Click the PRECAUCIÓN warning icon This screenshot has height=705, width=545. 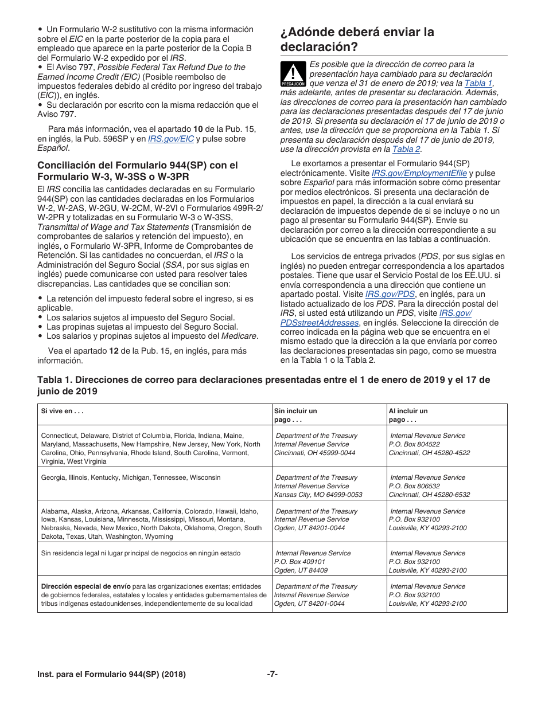click(293, 73)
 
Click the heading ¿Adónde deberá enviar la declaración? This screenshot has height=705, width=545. click(357, 39)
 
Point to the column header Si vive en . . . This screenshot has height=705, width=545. click(63, 411)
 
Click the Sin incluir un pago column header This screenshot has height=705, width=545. click(295, 415)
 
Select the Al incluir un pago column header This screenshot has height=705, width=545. click(408, 415)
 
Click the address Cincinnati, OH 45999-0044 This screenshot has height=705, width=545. click(314, 453)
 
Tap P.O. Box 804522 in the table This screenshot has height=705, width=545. click(414, 444)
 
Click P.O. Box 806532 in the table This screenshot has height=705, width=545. click(414, 486)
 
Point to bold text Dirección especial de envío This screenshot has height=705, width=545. click(85, 586)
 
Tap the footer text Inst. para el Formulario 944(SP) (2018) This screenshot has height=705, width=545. click(111, 675)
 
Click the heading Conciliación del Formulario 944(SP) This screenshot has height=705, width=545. click(137, 171)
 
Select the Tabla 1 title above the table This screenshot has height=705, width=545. click(263, 385)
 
